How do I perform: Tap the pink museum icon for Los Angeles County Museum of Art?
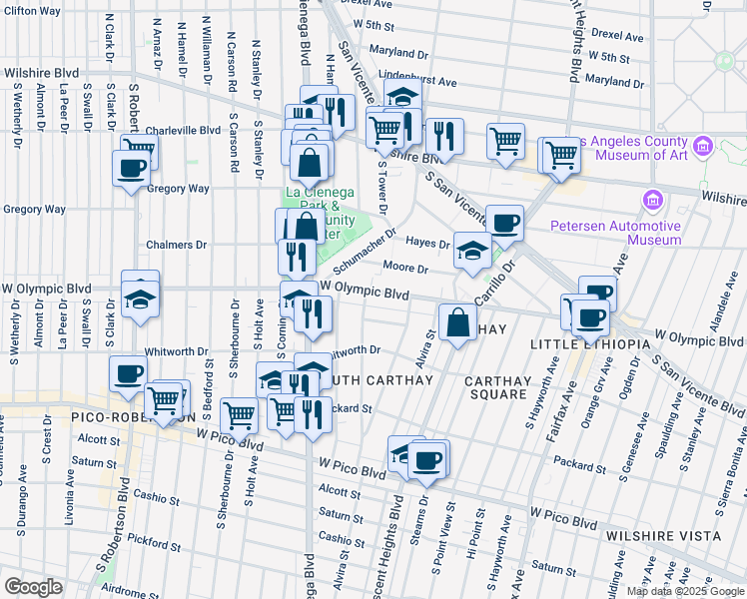tap(703, 147)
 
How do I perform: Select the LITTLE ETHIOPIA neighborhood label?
tap(583, 344)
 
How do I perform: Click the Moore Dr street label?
tap(405, 269)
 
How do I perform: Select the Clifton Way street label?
tap(33, 10)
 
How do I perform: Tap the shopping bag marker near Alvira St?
tap(457, 322)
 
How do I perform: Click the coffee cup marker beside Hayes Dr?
tap(504, 223)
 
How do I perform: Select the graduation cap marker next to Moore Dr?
tap(472, 251)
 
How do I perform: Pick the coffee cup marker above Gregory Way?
tap(130, 167)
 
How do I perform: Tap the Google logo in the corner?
tap(32, 587)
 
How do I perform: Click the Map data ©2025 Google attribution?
tap(685, 591)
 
